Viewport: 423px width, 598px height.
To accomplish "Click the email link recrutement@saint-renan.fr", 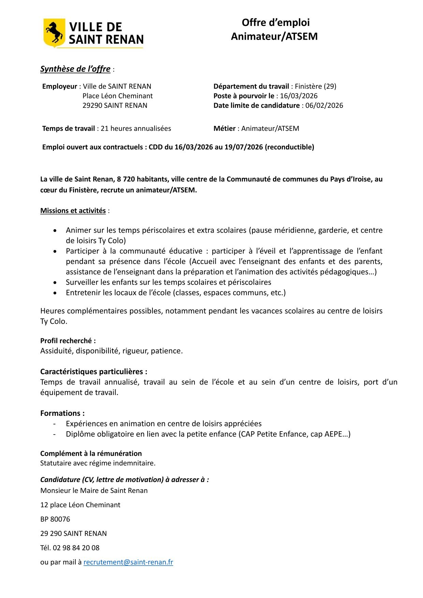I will [128, 562].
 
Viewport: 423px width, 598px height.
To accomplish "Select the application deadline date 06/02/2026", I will [324, 105].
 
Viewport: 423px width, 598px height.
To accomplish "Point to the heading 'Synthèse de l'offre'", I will [75, 69].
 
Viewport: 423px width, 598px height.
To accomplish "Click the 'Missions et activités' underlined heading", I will [73, 210].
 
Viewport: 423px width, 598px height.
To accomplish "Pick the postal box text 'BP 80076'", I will [55, 519].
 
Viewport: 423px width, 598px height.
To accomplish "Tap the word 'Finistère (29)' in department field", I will [316, 86].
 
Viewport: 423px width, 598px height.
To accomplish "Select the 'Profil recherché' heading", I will [68, 340].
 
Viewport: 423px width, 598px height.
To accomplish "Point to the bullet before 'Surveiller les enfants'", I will [55, 283].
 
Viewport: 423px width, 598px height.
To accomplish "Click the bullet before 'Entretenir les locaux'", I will [55, 293].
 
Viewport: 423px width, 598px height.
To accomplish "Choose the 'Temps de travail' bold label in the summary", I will [69, 129].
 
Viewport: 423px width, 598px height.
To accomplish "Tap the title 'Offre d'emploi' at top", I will [276, 23].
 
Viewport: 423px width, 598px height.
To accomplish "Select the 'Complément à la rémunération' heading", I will [91, 453].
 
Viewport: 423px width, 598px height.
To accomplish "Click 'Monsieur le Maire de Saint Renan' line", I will [94, 491].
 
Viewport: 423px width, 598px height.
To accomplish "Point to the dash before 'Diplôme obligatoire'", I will [54, 434].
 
